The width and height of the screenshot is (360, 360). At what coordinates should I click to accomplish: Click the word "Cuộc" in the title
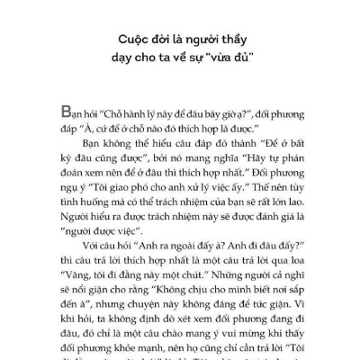pos(135,41)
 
